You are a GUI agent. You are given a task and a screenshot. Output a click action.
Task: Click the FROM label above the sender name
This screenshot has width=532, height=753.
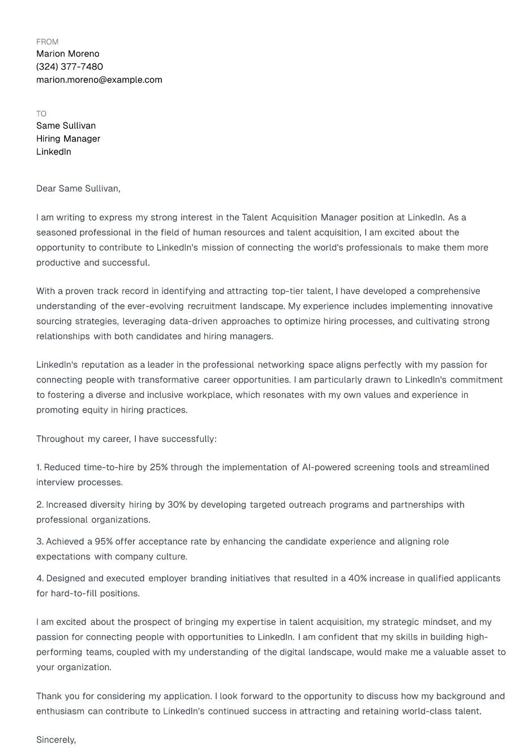47,42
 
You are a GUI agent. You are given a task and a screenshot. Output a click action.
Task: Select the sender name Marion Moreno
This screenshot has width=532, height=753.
68,54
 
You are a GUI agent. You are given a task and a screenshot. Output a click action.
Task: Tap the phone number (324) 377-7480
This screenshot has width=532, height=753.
70,67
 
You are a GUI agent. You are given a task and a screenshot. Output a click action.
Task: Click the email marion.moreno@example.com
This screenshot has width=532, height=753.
99,80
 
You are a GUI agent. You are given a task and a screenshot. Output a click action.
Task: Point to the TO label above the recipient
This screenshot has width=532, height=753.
41,114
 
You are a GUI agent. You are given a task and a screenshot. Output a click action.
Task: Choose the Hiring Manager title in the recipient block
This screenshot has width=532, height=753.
68,139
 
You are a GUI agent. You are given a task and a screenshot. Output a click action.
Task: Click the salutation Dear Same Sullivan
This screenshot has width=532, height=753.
78,189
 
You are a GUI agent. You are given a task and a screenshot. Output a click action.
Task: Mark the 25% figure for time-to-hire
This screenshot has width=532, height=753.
159,467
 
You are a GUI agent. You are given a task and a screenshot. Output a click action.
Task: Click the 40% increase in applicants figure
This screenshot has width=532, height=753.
358,578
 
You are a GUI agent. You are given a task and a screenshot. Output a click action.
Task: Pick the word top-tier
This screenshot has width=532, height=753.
287,291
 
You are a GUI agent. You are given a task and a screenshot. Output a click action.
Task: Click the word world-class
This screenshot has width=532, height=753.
427,712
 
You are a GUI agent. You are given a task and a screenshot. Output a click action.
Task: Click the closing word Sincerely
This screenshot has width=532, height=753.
55,740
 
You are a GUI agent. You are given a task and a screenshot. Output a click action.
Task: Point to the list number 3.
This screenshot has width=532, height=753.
39,542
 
